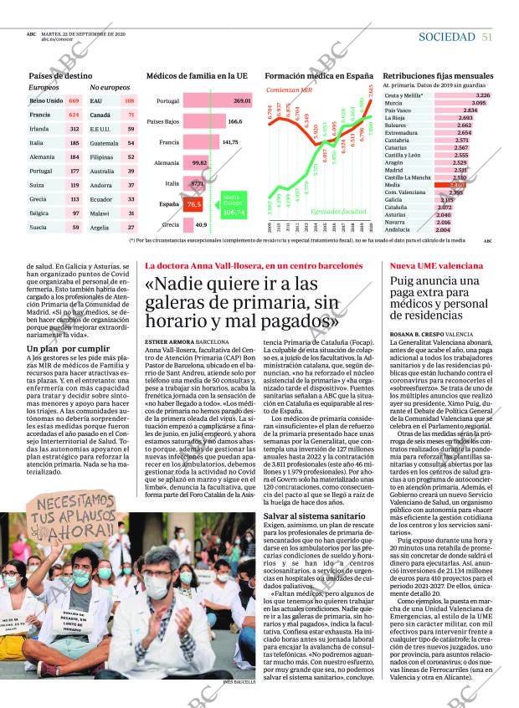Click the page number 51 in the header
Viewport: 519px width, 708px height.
(486, 37)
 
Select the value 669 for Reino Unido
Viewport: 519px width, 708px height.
(74, 100)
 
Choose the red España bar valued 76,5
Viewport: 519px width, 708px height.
(193, 204)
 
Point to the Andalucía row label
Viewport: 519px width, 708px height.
(397, 229)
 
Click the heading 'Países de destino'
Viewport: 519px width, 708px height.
(60, 75)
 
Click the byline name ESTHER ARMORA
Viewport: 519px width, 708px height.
(169, 342)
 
